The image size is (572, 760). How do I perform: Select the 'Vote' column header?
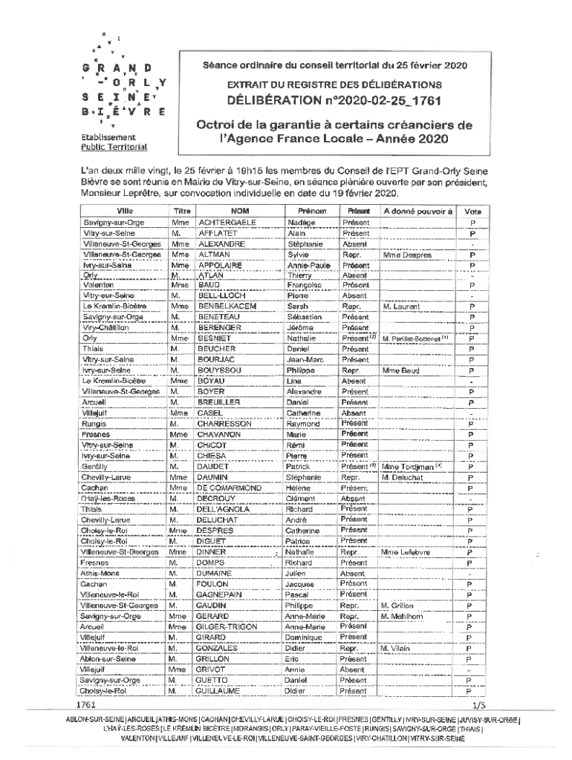click(472, 211)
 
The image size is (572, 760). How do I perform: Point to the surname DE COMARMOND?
click(230, 488)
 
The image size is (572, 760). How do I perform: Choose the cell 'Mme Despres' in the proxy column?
click(406, 254)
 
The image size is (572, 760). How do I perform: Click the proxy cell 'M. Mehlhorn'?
click(402, 616)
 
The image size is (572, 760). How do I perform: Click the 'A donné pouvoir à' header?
click(417, 211)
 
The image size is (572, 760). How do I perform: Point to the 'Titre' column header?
click(182, 211)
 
